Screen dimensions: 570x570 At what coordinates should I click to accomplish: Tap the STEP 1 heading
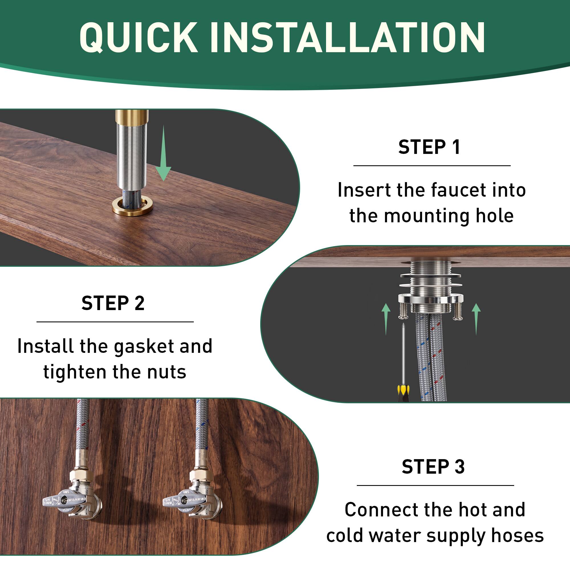pyautogui.click(x=429, y=147)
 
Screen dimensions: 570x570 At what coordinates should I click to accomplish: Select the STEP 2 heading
pyautogui.click(x=113, y=303)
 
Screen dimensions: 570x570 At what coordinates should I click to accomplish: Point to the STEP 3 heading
pyautogui.click(x=433, y=467)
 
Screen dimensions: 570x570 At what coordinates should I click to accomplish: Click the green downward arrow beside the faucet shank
pyautogui.click(x=163, y=153)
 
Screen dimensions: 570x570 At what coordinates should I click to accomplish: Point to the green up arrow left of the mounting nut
pyautogui.click(x=386, y=320)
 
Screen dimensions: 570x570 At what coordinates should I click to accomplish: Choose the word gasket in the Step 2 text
pyautogui.click(x=144, y=347)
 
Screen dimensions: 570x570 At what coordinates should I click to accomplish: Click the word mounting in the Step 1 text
pyautogui.click(x=427, y=217)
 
